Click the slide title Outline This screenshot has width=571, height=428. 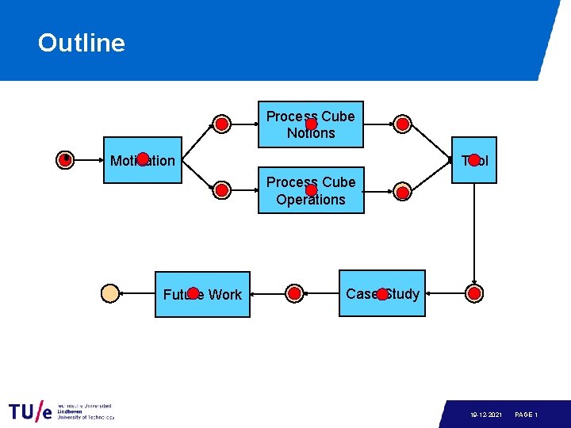[x=81, y=43]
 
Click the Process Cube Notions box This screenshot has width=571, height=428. [x=311, y=124]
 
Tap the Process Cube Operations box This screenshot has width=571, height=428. [x=311, y=191]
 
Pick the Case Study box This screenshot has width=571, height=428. [x=382, y=294]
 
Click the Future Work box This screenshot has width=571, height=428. [x=202, y=294]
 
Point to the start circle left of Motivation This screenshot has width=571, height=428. [x=66, y=160]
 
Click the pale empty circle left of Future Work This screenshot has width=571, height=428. [x=110, y=293]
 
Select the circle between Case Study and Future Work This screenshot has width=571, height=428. [x=294, y=294]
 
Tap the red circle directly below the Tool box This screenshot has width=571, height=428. [x=474, y=294]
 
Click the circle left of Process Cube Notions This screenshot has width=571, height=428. [x=223, y=124]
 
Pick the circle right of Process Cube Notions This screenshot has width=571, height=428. [x=403, y=124]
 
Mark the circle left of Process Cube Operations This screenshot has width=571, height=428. [x=223, y=190]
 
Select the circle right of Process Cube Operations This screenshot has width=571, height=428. [x=403, y=191]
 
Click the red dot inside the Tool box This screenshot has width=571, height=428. [x=474, y=160]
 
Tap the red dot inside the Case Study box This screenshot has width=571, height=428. [x=382, y=294]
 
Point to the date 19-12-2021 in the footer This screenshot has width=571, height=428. [x=485, y=415]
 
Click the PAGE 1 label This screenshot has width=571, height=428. [x=527, y=415]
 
